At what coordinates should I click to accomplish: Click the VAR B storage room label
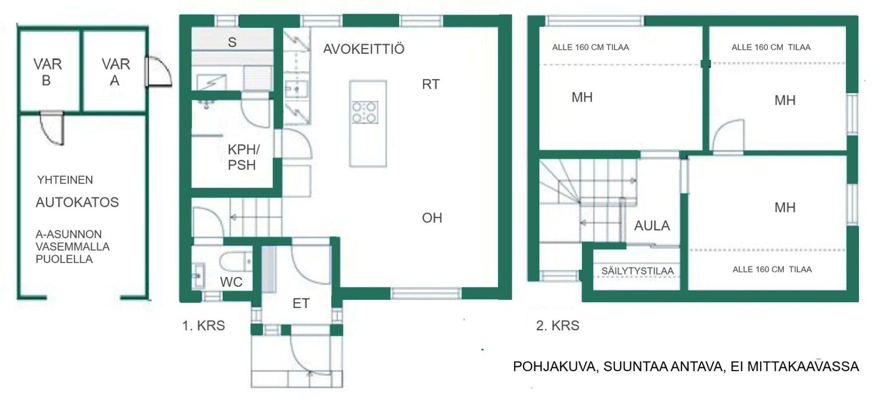[x=47, y=72]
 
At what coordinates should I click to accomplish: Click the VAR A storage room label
[x=115, y=72]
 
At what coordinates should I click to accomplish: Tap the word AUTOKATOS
[x=77, y=202]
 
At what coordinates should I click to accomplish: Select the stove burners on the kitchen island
[x=365, y=112]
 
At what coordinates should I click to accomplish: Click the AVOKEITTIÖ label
[x=363, y=49]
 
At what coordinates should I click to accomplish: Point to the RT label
[x=431, y=84]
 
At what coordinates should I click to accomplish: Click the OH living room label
[x=432, y=218]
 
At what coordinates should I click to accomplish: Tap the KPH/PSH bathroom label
[x=242, y=157]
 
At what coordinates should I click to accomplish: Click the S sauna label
[x=232, y=42]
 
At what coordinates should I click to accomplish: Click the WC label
[x=231, y=282]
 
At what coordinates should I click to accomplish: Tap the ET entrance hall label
[x=301, y=304]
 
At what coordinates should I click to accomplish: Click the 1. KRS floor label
[x=204, y=326]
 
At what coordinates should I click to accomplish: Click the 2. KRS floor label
[x=558, y=326]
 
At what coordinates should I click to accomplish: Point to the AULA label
[x=652, y=226]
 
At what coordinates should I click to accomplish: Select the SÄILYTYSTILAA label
[x=637, y=271]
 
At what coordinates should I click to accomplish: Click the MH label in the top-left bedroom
[x=582, y=98]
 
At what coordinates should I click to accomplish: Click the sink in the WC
[x=198, y=276]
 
